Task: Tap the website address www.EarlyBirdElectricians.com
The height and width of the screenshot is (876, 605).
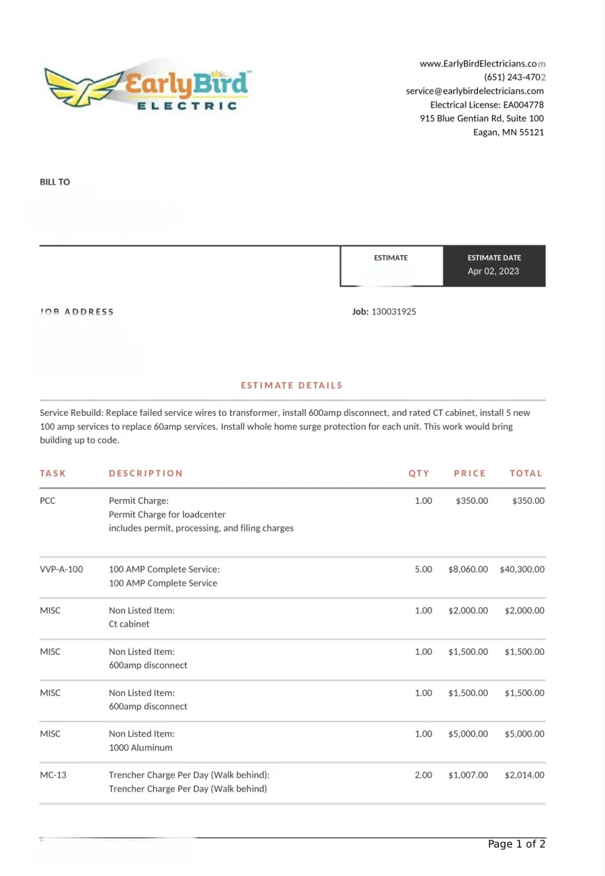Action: coord(482,64)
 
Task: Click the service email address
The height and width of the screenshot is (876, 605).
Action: coord(475,91)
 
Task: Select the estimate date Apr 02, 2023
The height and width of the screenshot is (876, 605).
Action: coord(493,271)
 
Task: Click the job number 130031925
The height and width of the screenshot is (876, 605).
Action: coord(393,312)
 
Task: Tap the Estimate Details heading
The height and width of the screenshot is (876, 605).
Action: coord(292,386)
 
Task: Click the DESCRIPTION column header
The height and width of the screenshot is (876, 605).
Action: coord(145,474)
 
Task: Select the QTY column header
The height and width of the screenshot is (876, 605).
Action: coord(419,474)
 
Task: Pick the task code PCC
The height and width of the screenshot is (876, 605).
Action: coord(48,501)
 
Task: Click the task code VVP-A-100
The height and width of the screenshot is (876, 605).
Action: coord(61,570)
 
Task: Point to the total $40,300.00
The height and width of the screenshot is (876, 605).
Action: coord(522,570)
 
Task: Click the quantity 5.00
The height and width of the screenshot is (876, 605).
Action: coord(424,570)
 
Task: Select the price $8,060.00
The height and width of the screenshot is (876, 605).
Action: coord(468,570)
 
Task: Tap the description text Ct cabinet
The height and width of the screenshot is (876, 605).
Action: coord(129,624)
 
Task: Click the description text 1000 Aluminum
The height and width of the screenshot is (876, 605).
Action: coord(140,748)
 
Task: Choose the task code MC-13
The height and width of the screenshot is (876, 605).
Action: coord(53,775)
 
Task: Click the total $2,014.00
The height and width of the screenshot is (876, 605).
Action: coord(524,775)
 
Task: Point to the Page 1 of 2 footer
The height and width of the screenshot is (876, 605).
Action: coord(516,845)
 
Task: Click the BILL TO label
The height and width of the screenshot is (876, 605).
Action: coord(54,182)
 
